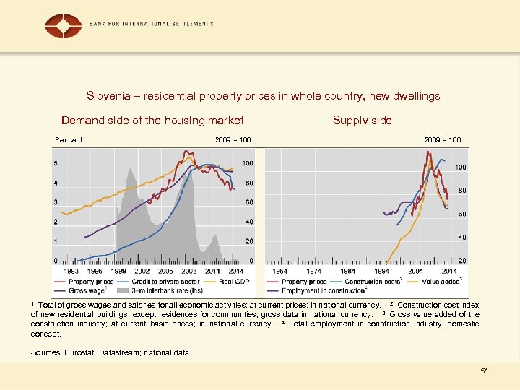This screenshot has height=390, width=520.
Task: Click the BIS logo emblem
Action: point(64,25)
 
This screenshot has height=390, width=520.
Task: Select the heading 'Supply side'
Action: point(362,121)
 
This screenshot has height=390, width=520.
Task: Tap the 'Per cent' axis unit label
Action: point(69,139)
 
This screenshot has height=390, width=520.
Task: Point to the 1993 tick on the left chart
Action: point(72,271)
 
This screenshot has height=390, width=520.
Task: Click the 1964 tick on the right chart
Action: point(279,271)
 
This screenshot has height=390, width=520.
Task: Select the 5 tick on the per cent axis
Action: point(56,163)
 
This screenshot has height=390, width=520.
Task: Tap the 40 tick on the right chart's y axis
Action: point(461,238)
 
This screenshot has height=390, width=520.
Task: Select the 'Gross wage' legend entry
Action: point(87,290)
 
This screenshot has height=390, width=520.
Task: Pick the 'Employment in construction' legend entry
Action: point(323,290)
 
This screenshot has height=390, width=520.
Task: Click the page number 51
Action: point(485,370)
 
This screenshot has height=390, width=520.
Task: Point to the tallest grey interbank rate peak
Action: point(131,170)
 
